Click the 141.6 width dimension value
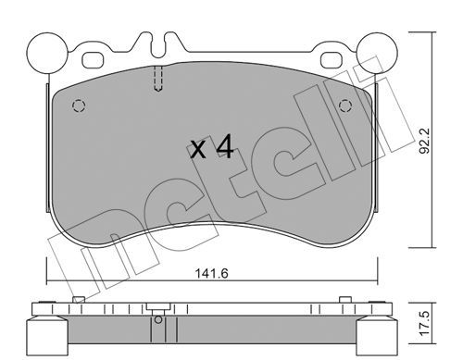pos(212,273)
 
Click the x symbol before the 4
pos(198,150)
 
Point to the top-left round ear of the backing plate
pos(47,53)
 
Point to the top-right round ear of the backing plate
pos(376,53)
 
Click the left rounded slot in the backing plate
pos(93,59)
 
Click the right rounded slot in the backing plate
pos(331,59)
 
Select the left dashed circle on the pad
pos(79,106)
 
